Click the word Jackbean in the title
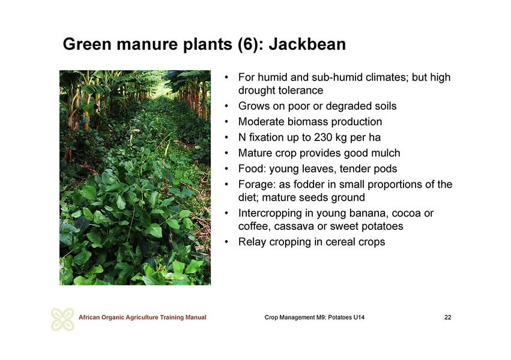click(307, 44)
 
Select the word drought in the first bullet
click(257, 90)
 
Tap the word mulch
click(386, 153)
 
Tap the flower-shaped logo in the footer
click(62, 319)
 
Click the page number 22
click(448, 317)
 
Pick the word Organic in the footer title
click(113, 317)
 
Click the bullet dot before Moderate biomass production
click(226, 122)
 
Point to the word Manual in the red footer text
click(196, 317)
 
